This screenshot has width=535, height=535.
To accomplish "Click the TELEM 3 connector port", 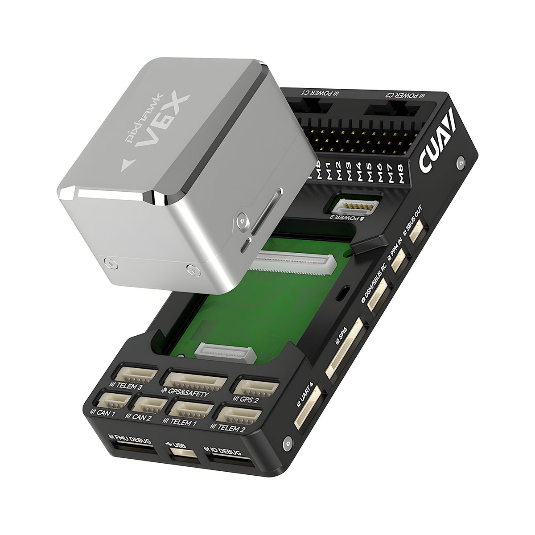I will pyautogui.click(x=136, y=374).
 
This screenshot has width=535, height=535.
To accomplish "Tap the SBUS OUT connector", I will pyautogui.click(x=417, y=231).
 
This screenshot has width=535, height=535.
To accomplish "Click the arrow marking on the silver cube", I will pyautogui.click(x=127, y=165).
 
